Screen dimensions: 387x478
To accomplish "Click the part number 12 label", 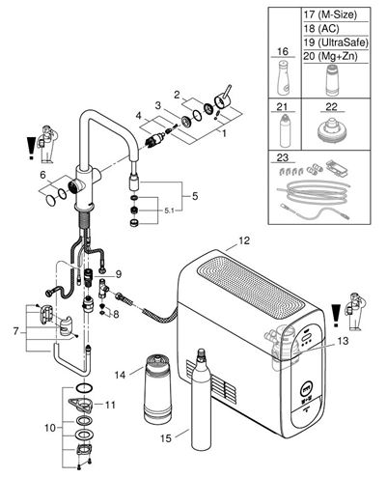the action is [244, 240].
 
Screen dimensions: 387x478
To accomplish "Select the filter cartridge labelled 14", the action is [157, 388].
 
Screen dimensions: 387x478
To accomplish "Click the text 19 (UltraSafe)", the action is [336, 42].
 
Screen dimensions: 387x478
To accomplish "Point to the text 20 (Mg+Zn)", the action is [330, 56].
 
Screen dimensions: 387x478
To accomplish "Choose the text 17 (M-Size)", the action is [330, 14].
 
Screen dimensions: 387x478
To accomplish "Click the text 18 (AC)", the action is [321, 29].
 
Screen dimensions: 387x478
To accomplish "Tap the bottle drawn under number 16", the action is [284, 77].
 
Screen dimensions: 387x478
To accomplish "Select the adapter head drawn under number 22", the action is [331, 129].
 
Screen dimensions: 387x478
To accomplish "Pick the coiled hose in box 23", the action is [314, 192].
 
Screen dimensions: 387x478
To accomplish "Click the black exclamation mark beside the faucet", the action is [31, 148].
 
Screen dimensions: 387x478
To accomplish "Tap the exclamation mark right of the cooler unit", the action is [336, 316].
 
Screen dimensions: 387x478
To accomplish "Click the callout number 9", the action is [118, 274].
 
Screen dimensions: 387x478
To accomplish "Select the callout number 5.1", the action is [169, 211].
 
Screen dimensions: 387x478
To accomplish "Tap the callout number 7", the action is [16, 331].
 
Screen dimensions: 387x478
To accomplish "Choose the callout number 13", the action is [343, 341].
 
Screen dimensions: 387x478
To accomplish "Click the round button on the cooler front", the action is [307, 390].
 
